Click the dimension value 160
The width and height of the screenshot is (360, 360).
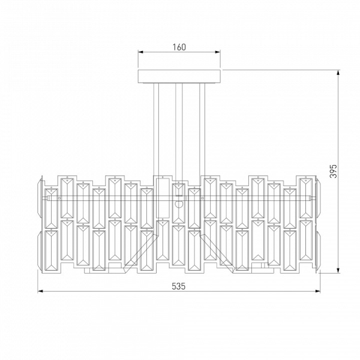pos(179,47)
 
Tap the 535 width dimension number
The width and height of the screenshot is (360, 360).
pos(178,286)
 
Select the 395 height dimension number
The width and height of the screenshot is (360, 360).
pos(333,171)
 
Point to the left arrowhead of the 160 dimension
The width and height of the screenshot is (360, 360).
pos(140,52)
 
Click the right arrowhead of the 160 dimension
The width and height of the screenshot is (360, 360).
pos(218,52)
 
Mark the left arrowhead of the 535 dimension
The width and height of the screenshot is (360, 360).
pos(40,291)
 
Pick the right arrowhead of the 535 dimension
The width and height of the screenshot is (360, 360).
pos(318,291)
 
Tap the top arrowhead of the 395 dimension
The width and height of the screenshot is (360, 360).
pos(338,73)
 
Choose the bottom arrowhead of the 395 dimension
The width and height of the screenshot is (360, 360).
pos(338,271)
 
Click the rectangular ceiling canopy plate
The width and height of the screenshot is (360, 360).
pos(179,76)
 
